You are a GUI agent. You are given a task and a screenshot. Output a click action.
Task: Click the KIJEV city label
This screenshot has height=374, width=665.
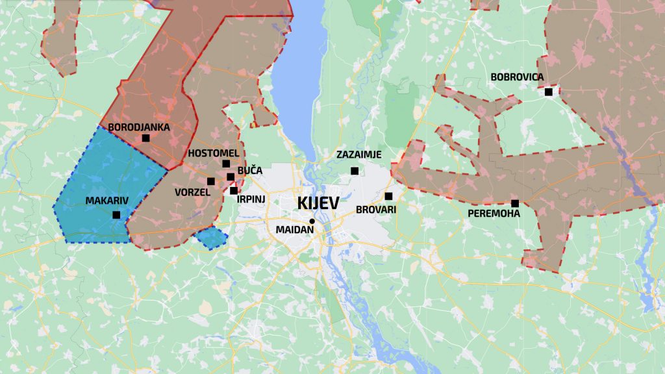tap(318, 203)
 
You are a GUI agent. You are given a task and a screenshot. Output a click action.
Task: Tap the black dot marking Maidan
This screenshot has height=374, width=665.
tap(312, 221)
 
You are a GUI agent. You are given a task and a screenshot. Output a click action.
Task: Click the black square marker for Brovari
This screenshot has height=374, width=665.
tap(388, 196)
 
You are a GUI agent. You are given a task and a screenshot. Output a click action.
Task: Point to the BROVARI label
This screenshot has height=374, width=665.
tap(376, 210)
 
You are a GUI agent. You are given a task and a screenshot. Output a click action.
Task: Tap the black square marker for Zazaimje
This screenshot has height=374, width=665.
tap(355, 171)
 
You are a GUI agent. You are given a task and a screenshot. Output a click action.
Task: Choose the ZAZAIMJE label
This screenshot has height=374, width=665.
tap(358, 155)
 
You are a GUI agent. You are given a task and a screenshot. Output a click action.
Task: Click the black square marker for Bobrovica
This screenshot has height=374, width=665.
tap(549, 92)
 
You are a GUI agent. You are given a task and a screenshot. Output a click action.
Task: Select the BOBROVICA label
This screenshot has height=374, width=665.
tap(517, 77)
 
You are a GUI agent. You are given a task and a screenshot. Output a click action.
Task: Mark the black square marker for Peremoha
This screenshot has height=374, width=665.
tap(515, 203)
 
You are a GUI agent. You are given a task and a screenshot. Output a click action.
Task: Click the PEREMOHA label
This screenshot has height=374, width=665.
tap(494, 213)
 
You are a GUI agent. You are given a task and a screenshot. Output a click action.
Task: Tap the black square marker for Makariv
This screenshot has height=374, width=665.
tap(116, 215)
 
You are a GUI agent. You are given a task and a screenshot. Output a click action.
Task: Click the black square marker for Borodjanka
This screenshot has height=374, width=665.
tap(146, 138)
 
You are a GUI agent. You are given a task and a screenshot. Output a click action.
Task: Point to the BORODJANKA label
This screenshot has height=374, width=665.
tap(139, 127)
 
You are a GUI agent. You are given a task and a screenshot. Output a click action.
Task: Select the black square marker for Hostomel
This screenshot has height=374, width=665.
tap(226, 164)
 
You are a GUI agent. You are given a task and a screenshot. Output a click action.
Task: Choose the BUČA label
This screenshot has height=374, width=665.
tap(250, 170)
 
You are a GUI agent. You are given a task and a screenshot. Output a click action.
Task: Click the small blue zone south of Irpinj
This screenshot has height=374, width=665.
tap(212, 238)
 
